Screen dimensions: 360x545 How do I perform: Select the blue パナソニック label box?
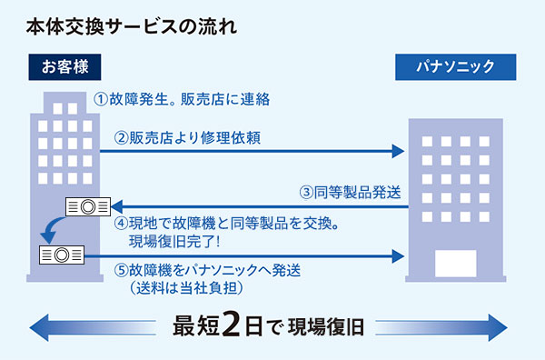[454, 67]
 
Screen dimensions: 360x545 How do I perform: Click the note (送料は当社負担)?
[181, 288]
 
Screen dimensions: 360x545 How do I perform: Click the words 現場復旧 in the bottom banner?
[326, 326]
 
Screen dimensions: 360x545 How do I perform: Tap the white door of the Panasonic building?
[455, 264]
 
